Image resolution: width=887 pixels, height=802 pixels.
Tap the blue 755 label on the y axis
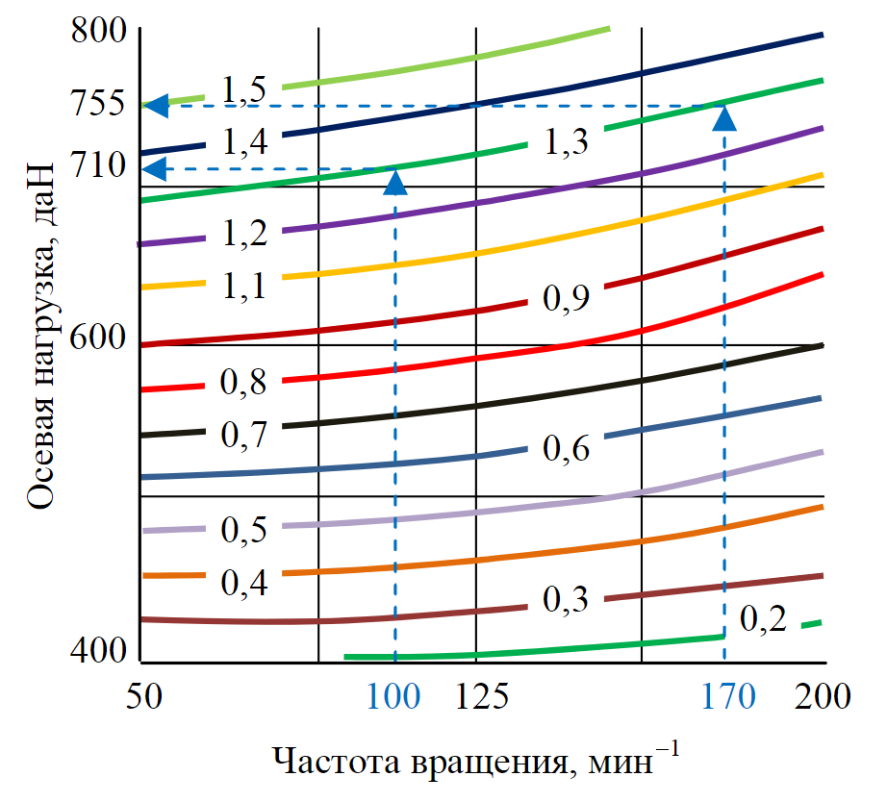(99, 103)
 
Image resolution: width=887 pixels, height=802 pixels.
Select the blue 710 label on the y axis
(99, 166)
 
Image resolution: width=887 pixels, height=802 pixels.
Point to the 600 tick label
(99, 338)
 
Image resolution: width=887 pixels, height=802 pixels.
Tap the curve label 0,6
(567, 447)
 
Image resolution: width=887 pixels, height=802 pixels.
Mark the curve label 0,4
(243, 581)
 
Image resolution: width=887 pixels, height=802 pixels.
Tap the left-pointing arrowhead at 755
(156, 105)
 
